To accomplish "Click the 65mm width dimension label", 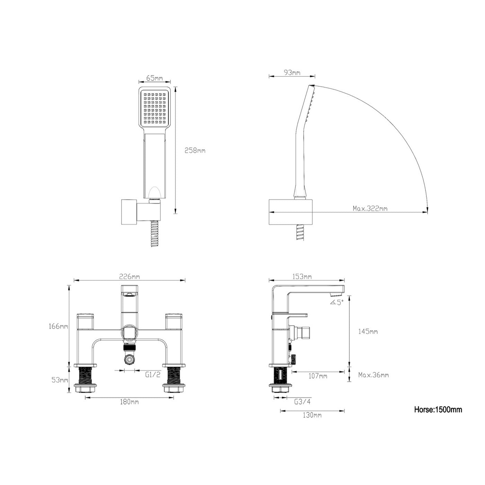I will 154,78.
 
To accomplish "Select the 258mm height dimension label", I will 195,150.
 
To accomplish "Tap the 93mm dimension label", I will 292,73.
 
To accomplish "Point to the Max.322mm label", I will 370,209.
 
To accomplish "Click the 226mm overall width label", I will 130,276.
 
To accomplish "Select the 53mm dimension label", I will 60,380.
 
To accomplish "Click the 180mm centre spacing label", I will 129,402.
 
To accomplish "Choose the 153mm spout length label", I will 302,276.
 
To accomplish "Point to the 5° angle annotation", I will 337,302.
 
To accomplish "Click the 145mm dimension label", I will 368,332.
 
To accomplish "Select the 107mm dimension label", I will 318,376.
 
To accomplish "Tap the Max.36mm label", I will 373,375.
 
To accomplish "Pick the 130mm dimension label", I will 312,415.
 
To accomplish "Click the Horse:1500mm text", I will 438,409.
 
